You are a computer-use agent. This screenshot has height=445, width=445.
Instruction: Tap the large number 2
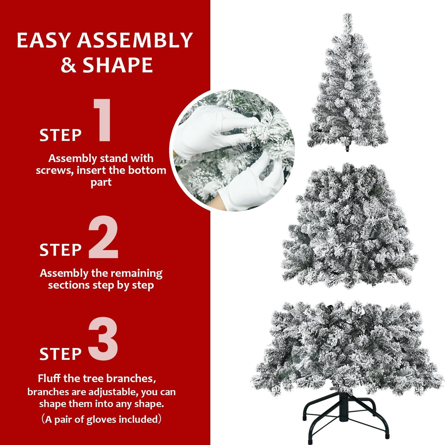103,238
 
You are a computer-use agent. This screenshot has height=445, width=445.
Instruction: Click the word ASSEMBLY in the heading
135,40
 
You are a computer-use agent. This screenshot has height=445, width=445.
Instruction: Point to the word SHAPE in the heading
117,65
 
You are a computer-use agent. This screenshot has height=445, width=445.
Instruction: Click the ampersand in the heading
69,65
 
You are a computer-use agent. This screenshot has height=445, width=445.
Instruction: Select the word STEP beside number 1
60,135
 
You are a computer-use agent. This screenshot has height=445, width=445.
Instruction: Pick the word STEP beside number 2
60,250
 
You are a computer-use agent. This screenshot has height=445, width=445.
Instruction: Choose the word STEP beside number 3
60,354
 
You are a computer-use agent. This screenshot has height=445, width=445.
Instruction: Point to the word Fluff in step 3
49,378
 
